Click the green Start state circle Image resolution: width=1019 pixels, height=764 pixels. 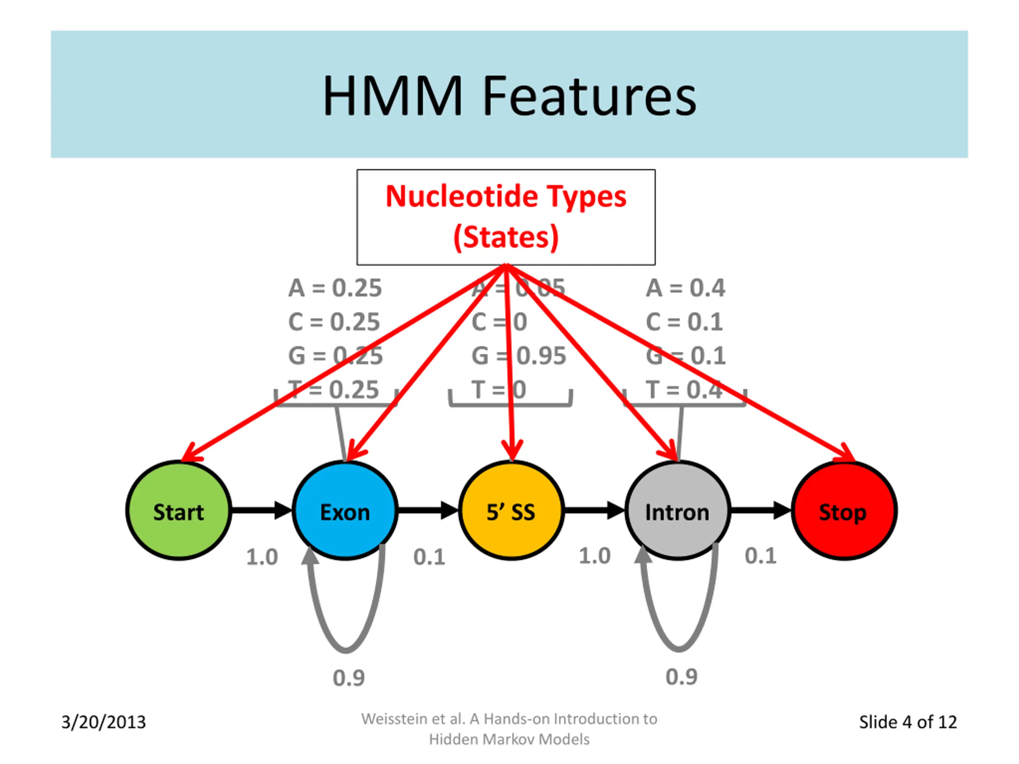179,510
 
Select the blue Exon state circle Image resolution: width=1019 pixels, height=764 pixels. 345,510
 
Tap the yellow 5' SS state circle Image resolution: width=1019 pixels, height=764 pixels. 511,510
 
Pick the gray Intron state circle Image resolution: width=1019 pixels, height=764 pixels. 677,510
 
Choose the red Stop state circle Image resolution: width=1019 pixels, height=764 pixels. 843,510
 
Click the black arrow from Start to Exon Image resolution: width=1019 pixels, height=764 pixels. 261,510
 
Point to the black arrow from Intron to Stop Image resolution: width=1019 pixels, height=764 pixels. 760,510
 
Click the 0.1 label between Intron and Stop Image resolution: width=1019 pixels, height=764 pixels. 761,555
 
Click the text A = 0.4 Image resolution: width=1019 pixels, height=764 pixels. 685,288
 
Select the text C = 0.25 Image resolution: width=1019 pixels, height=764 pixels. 334,322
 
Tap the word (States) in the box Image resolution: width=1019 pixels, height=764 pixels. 506,237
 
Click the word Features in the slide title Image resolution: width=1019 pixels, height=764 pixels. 589,96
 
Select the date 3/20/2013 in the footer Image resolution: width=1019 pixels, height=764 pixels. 103,722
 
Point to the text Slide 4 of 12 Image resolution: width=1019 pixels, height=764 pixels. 908,722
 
